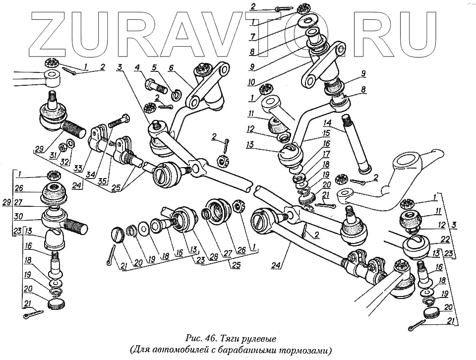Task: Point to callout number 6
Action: pos(171,68)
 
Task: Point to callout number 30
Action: pos(18,216)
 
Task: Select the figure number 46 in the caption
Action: pos(208,339)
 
